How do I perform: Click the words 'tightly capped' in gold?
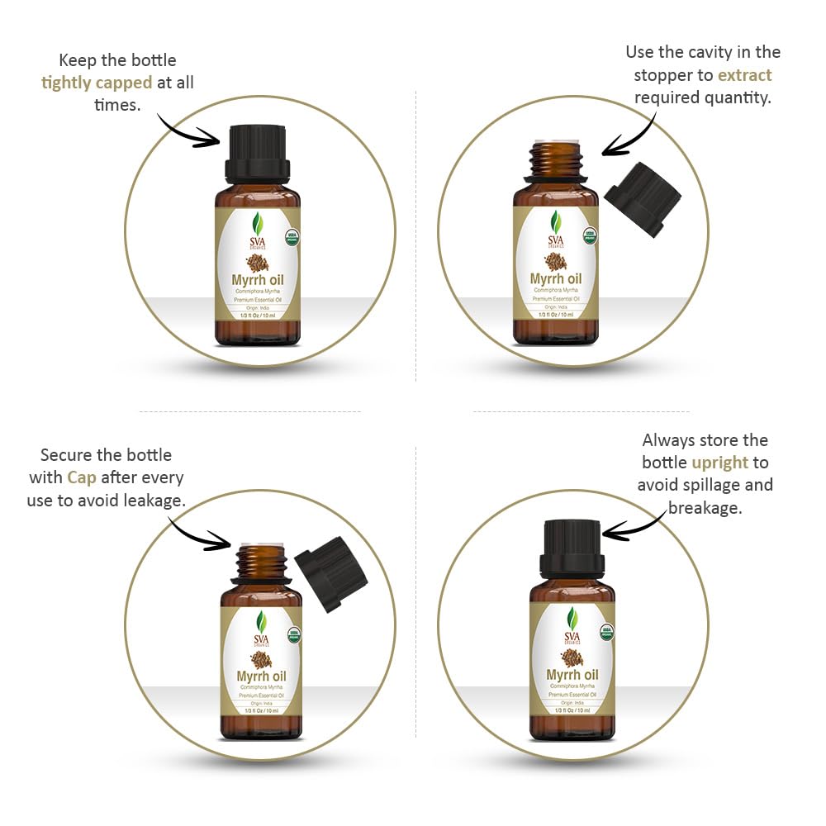pos(97,83)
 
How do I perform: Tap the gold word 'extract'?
pos(744,75)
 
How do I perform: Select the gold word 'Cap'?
pos(81,477)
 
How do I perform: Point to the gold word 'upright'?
pos(719,463)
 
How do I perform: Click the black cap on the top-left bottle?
pos(257,152)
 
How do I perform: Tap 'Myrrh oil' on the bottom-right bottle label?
pos(572,676)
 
